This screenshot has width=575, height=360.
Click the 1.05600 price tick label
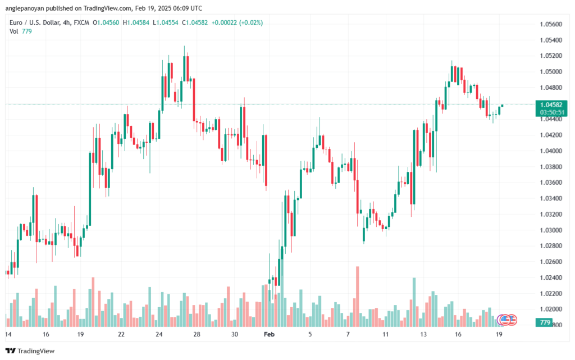[551, 24]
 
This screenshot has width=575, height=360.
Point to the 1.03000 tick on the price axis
[551, 230]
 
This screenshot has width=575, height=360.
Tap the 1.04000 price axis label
[551, 151]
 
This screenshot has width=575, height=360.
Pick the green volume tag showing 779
[544, 322]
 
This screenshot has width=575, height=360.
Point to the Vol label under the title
[13, 31]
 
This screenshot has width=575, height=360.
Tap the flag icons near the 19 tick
[508, 320]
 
